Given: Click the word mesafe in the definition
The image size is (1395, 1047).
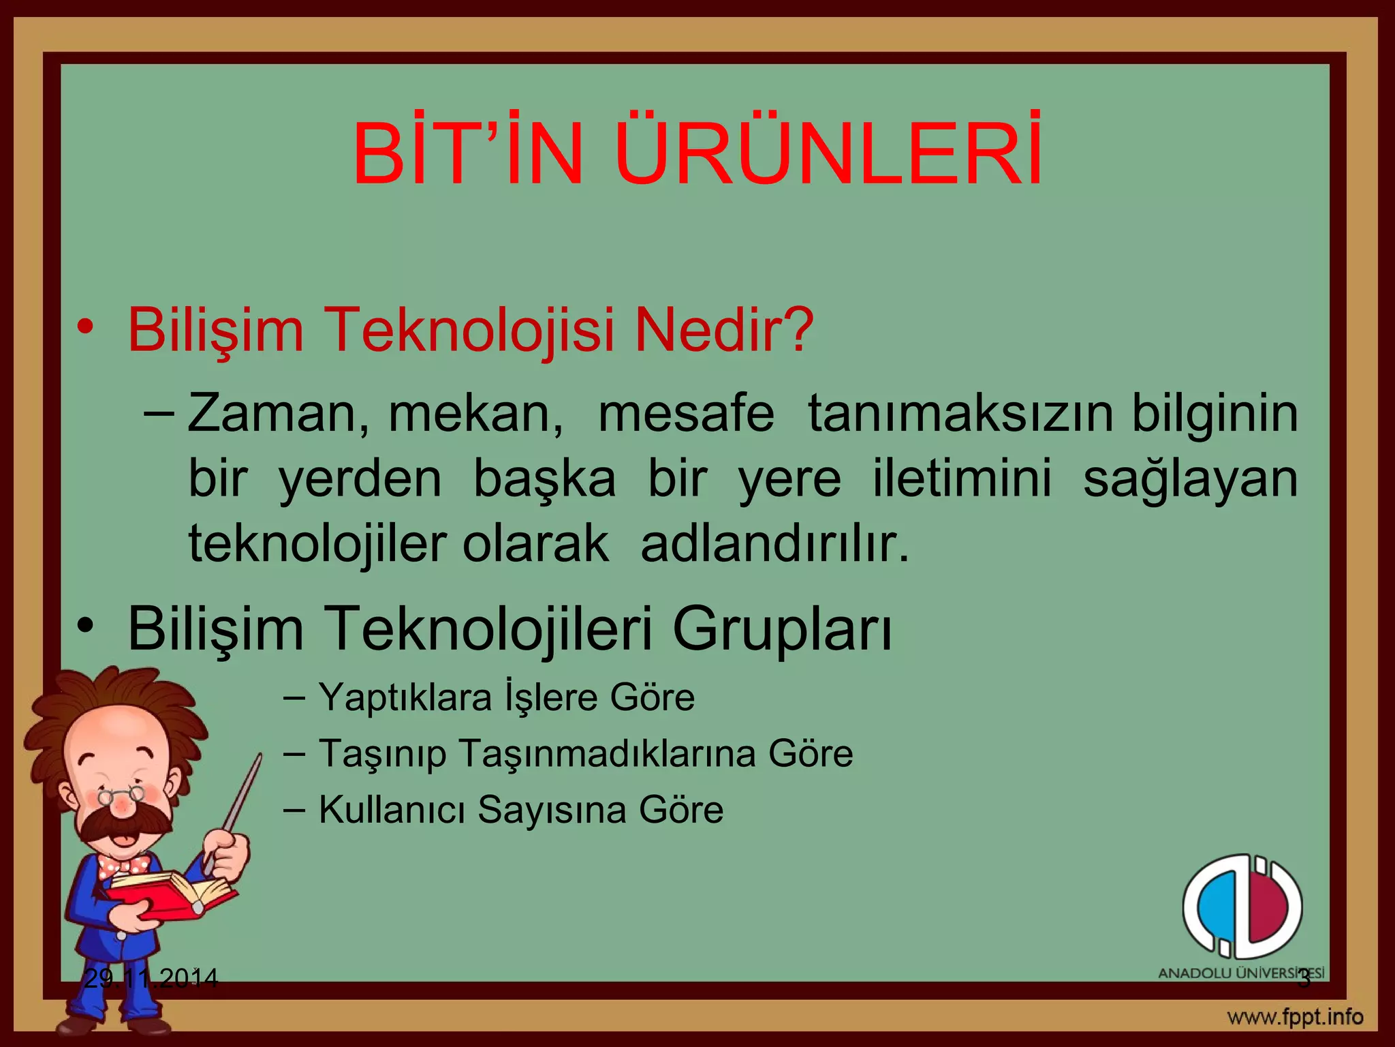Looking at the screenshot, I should click(686, 414).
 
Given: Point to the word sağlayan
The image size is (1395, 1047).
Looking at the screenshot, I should click(1190, 479).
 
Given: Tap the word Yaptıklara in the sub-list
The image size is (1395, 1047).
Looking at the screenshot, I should click(405, 697).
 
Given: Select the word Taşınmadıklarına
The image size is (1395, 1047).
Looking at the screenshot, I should click(607, 754).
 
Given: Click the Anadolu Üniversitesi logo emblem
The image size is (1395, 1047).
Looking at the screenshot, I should click(1242, 906).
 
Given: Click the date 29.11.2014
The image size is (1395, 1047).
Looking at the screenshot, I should click(151, 979).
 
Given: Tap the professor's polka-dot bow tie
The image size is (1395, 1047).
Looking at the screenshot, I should click(123, 866).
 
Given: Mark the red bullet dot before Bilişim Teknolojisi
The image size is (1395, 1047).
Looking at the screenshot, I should click(84, 327).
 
